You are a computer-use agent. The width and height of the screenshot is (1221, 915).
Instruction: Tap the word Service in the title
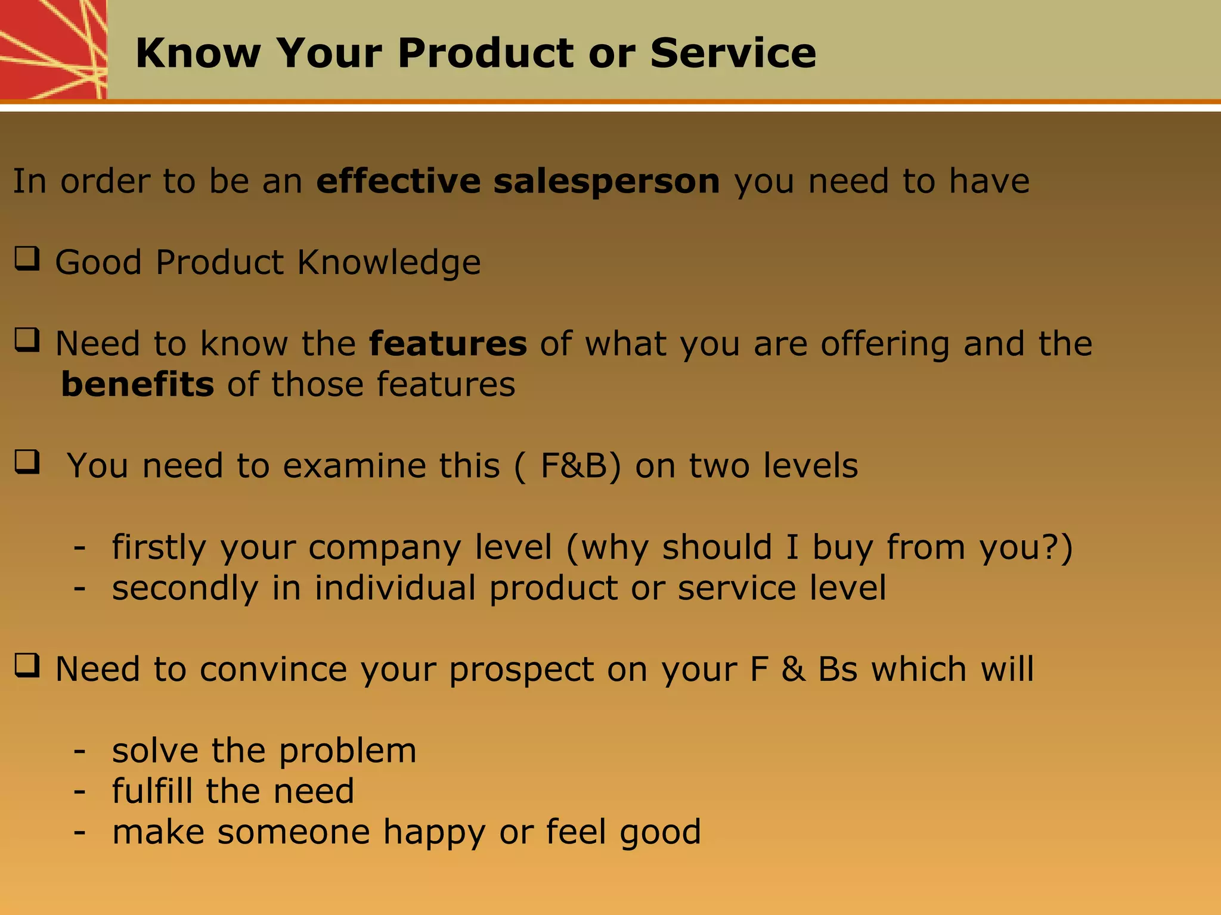(x=733, y=54)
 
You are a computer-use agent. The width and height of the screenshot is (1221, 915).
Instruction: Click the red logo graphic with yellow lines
(x=52, y=49)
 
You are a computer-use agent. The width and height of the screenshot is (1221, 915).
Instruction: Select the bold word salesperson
(x=606, y=182)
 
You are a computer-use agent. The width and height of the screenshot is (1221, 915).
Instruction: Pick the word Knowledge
(x=389, y=263)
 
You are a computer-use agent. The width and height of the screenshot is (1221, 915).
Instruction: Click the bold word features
(x=448, y=344)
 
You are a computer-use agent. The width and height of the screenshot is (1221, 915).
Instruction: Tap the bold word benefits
(x=137, y=384)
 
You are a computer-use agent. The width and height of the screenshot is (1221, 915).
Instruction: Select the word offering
(x=885, y=344)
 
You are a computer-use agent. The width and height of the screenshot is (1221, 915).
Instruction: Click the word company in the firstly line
(x=384, y=548)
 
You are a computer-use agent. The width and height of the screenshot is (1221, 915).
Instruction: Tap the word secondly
(x=185, y=589)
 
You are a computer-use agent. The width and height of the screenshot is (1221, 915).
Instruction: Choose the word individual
(x=395, y=588)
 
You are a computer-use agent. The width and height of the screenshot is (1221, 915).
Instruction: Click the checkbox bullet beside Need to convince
(x=27, y=665)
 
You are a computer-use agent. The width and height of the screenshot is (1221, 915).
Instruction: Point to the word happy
(x=434, y=833)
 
